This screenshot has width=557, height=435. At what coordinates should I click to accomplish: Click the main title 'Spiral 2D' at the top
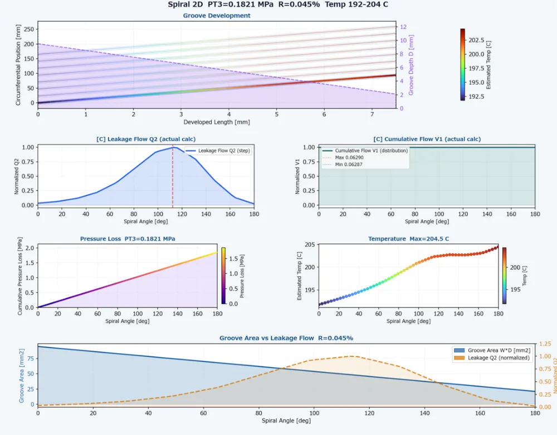click(x=185, y=4)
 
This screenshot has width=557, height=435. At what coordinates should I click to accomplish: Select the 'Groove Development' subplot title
click(x=217, y=16)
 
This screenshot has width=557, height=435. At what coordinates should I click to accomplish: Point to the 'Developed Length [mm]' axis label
click(x=217, y=122)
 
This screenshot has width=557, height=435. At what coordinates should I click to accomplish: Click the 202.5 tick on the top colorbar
click(x=476, y=40)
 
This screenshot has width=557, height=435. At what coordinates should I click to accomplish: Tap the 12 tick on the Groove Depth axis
click(x=403, y=27)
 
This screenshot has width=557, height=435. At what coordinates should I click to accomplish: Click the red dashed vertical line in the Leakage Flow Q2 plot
click(x=173, y=176)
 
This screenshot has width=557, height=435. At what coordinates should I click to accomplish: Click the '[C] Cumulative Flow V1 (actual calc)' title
click(x=427, y=139)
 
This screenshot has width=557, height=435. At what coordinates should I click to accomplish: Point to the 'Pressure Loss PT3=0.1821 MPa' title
click(x=128, y=239)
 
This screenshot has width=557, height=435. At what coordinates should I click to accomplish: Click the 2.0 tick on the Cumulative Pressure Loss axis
click(x=30, y=248)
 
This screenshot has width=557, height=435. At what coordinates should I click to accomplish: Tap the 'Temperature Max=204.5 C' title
click(x=408, y=239)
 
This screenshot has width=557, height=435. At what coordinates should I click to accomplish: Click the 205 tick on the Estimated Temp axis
click(x=310, y=245)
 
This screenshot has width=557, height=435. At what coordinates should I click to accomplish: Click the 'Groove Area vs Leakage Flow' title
click(x=266, y=338)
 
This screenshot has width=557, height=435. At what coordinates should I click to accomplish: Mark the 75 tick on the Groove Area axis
click(x=31, y=359)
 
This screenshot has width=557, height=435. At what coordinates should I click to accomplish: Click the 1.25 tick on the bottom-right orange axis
click(x=545, y=344)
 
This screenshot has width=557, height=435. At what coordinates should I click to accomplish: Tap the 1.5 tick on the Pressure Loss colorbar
click(x=233, y=258)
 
